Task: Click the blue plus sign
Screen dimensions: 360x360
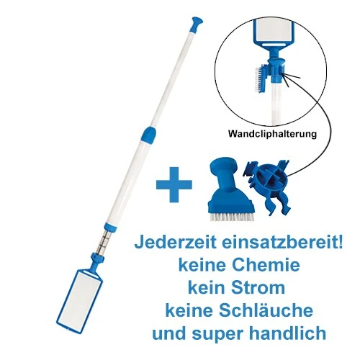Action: click(174, 184)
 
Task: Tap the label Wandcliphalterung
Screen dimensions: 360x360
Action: click(272, 134)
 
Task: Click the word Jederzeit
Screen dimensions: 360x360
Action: click(176, 243)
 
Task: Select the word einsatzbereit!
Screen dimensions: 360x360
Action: click(283, 243)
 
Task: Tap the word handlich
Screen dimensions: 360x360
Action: click(288, 333)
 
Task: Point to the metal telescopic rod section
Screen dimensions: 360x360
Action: click(104, 242)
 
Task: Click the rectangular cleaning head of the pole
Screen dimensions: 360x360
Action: click(79, 298)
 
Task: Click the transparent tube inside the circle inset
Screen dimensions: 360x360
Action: click(276, 104)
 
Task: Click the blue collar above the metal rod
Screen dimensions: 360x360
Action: click(111, 227)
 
